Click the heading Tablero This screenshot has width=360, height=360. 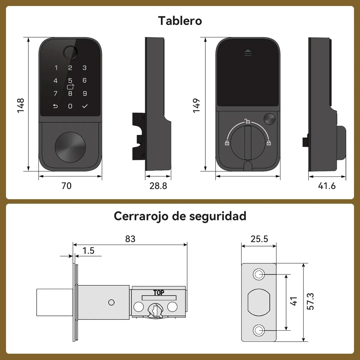coord(180,21)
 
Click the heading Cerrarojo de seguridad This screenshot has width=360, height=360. coord(180,216)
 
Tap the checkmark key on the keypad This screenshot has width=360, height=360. coord(85,106)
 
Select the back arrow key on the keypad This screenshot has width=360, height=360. coord(55,106)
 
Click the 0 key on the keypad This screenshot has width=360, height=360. coord(70,106)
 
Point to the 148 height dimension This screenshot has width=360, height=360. coord(20,105)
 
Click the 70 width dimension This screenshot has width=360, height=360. coord(66,186)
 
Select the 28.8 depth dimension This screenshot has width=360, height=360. coord(158,186)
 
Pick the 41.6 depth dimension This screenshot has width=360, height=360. coord(327,186)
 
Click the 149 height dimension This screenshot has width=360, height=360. coord(196,105)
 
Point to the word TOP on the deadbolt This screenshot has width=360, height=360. coord(159,293)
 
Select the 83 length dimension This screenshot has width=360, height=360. coord(130,239)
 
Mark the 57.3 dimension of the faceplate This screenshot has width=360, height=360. coord(311,301)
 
